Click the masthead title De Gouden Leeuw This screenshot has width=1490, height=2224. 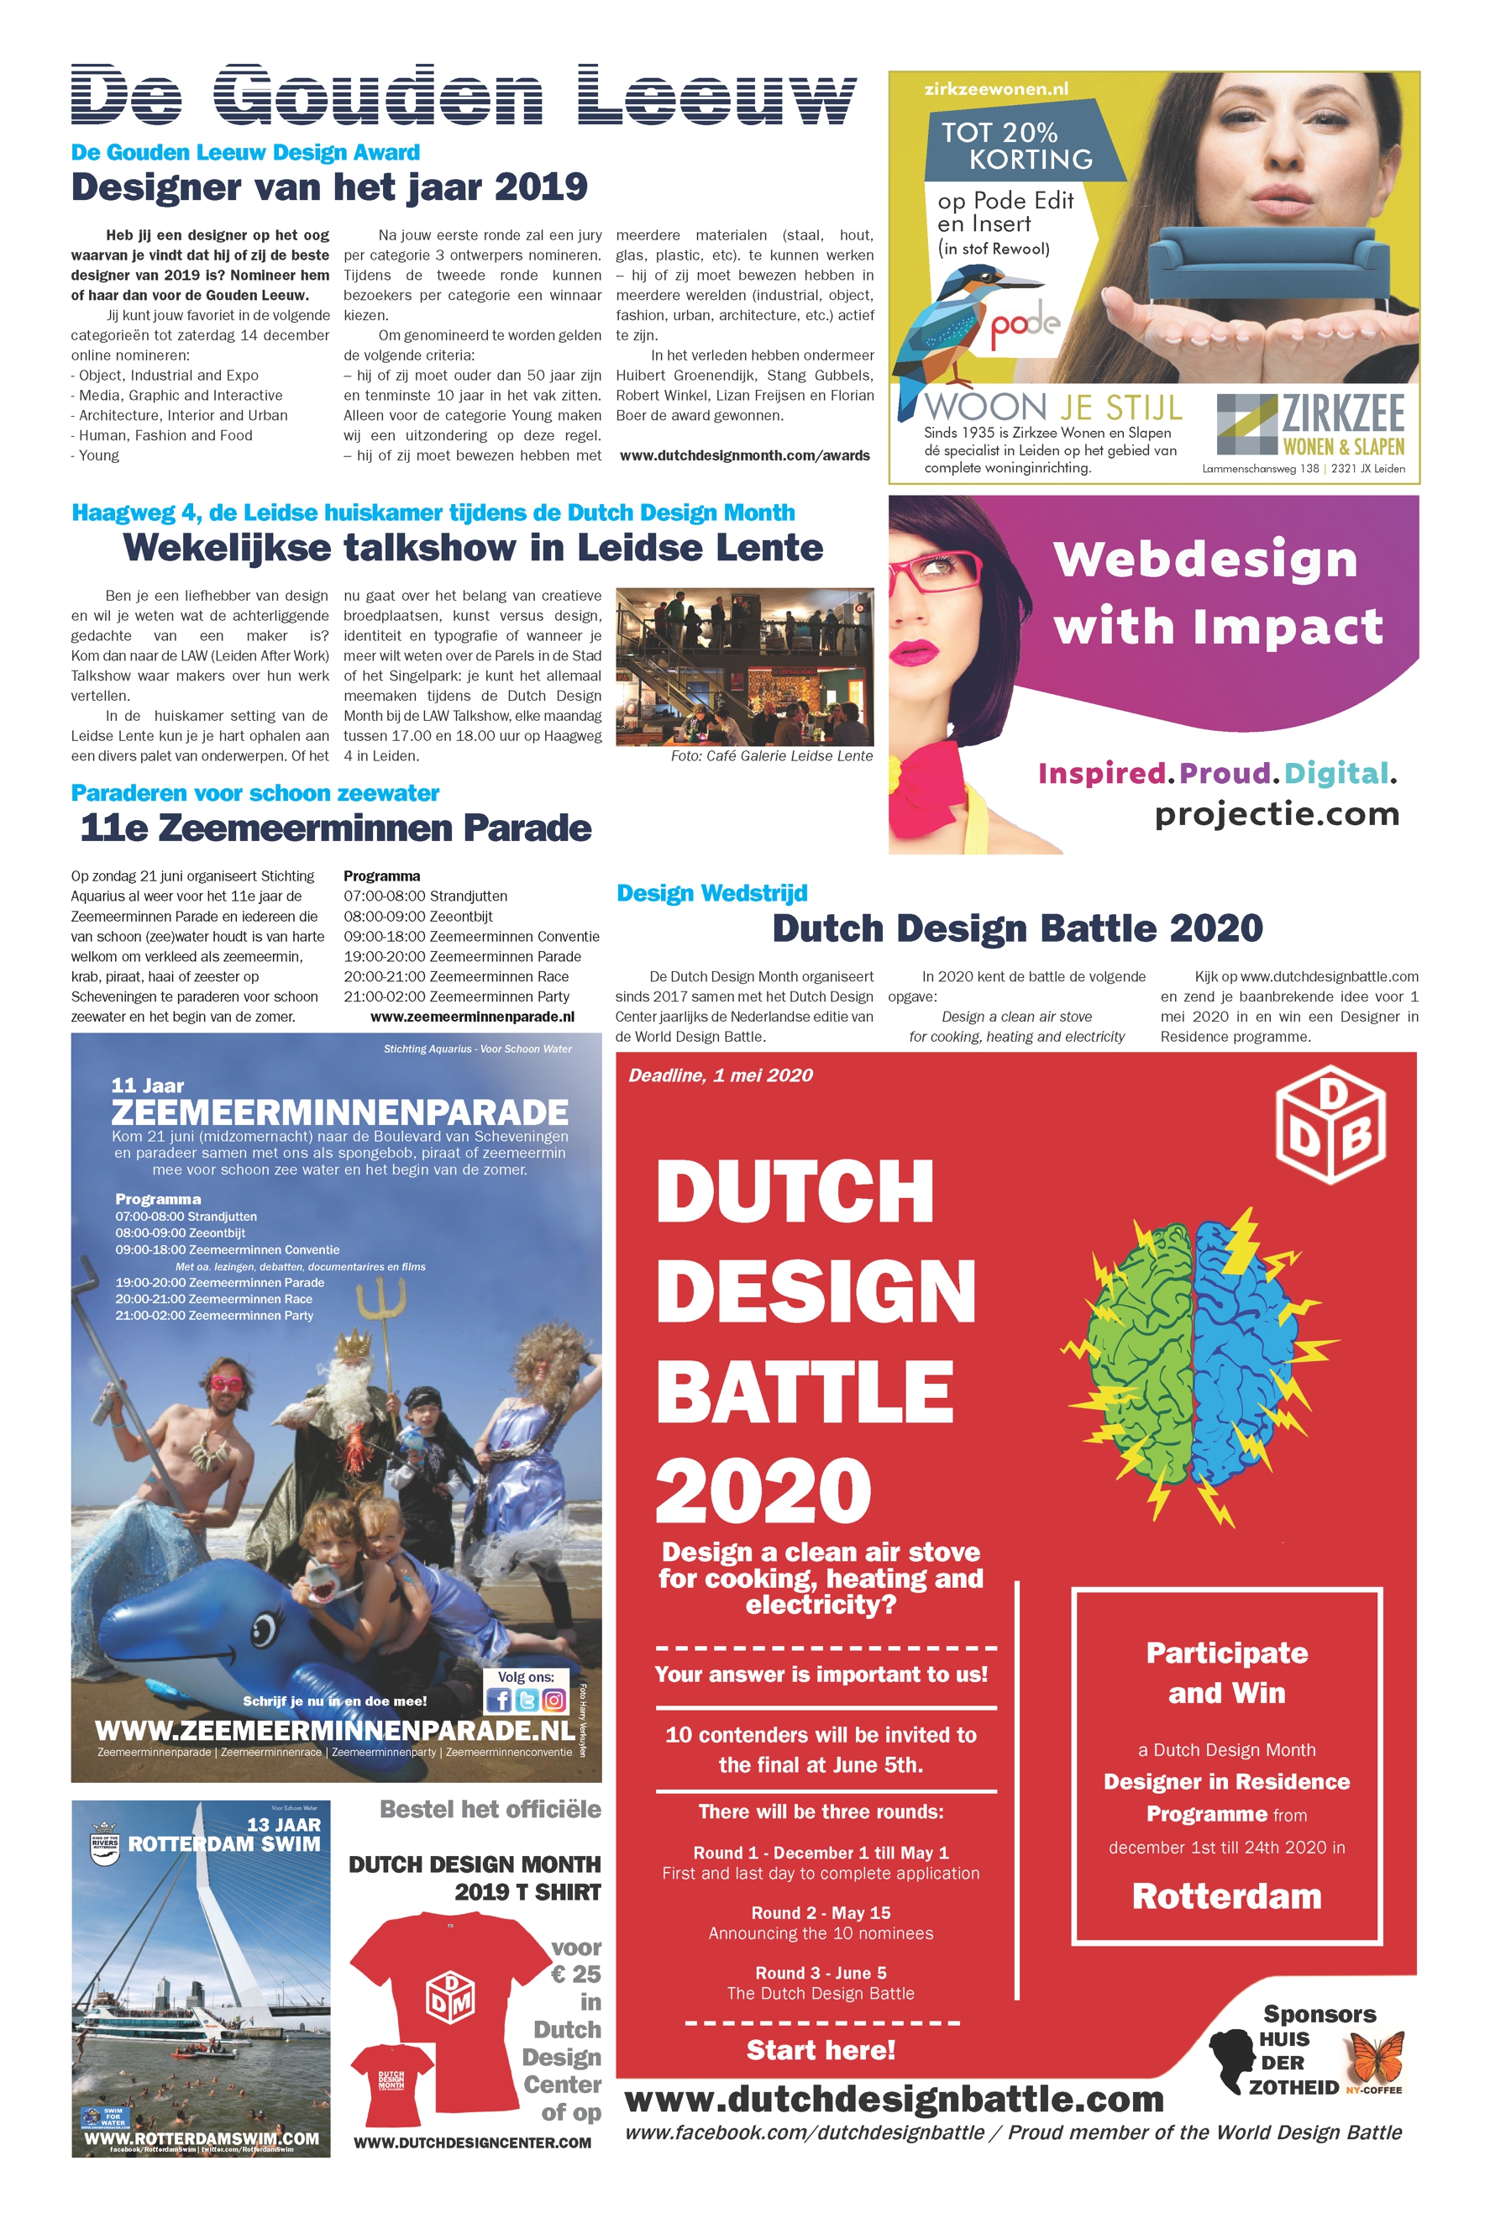pyautogui.click(x=463, y=95)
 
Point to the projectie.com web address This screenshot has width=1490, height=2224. pyautogui.click(x=1276, y=813)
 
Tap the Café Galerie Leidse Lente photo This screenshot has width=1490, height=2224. pyautogui.click(x=744, y=666)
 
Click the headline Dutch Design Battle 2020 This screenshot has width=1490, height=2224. pyautogui.click(x=1017, y=928)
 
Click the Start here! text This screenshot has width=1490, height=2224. pyautogui.click(x=821, y=2050)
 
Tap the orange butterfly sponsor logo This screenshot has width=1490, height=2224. pyautogui.click(x=1377, y=2057)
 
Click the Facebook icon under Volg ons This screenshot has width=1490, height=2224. pyautogui.click(x=498, y=1701)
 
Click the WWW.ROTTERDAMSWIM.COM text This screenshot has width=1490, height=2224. pyautogui.click(x=201, y=2137)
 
